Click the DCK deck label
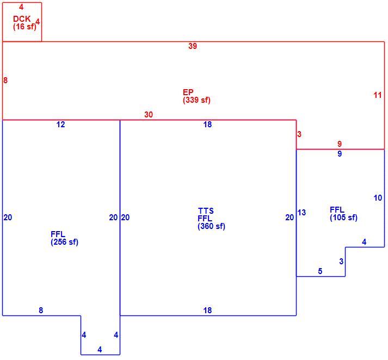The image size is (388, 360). tap(22, 18)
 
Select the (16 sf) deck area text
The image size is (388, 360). tap(24, 27)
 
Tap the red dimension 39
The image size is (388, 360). tap(193, 46)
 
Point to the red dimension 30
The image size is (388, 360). tap(149, 115)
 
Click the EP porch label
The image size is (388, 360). tap(188, 92)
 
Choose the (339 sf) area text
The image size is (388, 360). tap(196, 100)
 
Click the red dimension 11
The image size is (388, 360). tap(378, 95)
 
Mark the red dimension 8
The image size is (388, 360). tap(5, 80)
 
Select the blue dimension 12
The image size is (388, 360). tap(60, 125)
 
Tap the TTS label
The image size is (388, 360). tap(206, 210)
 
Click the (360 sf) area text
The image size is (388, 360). tap(211, 226)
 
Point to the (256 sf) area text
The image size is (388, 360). tap(64, 242)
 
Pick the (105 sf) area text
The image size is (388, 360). tap(343, 218)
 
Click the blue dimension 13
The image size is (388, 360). tap(301, 213)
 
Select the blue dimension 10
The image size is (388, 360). tap(378, 198)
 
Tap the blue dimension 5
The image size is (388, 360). tap(320, 271)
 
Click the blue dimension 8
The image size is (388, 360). tap(41, 310)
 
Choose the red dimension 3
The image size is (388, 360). tap(299, 134)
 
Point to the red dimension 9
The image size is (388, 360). tap(340, 144)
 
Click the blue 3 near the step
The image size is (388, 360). tap(341, 262)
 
